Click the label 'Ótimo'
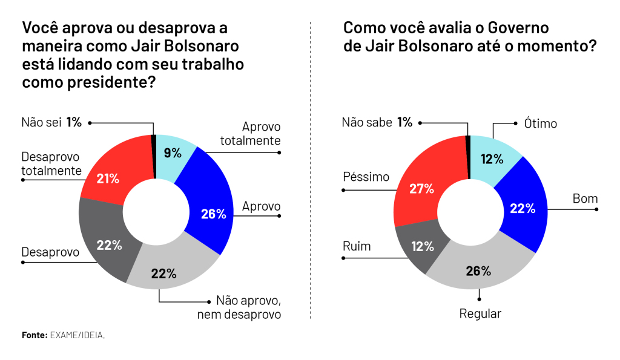[540, 123]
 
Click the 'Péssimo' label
[366, 177]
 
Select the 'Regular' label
[480, 313]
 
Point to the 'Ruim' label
[357, 246]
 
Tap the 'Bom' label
[585, 198]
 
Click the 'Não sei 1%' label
[51, 122]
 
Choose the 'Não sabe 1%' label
[377, 122]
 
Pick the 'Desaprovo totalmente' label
[51, 163]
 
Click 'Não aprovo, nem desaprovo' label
[248, 307]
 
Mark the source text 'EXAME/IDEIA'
[77, 335]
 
